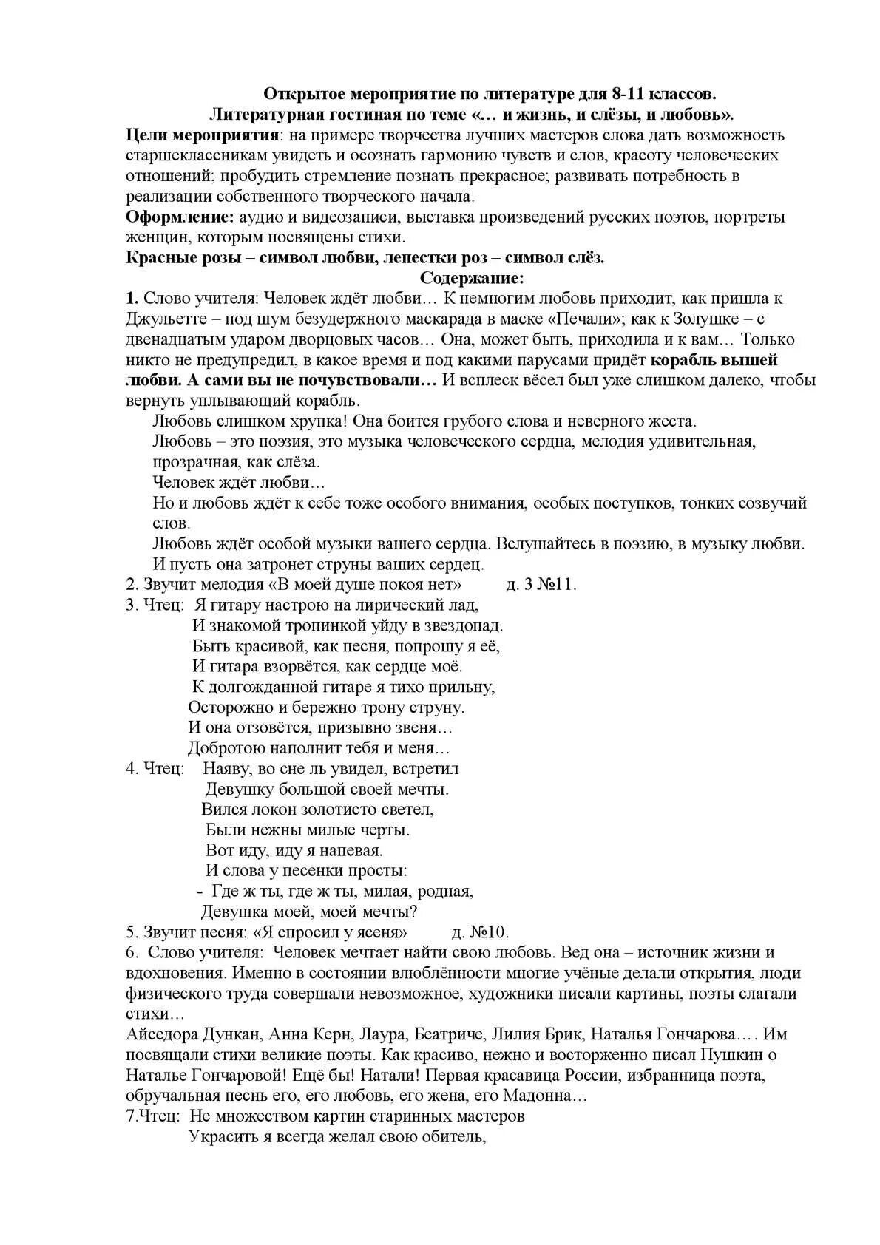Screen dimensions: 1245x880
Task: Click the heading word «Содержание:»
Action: pos(472,278)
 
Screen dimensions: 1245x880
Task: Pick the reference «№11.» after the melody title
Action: pos(556,584)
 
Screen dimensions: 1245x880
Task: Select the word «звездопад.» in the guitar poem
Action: pos(464,625)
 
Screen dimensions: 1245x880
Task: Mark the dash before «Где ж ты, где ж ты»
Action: pos(200,892)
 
